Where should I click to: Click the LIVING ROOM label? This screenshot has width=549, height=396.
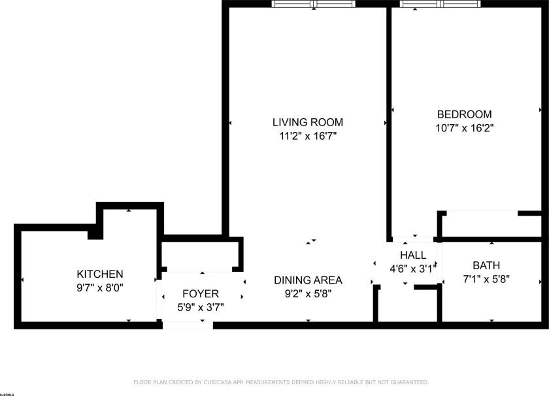click(x=307, y=122)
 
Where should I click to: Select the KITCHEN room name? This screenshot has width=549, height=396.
click(x=99, y=274)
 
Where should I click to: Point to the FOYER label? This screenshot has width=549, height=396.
click(x=200, y=293)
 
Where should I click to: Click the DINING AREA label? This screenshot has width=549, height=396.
click(x=307, y=280)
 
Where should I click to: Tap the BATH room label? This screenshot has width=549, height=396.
click(x=486, y=265)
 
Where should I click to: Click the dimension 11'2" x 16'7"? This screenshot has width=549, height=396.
click(x=307, y=137)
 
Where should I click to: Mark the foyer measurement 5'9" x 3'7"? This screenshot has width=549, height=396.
click(x=200, y=307)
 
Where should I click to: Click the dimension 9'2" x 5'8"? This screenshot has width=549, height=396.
click(x=307, y=294)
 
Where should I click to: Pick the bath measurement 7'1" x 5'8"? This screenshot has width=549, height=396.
click(x=486, y=279)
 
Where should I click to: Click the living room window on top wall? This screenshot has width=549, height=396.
click(x=314, y=4)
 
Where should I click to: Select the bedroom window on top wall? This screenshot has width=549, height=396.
click(x=440, y=4)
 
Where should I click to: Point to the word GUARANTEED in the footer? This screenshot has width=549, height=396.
click(x=408, y=382)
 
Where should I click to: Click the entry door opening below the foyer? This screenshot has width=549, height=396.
click(x=188, y=324)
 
